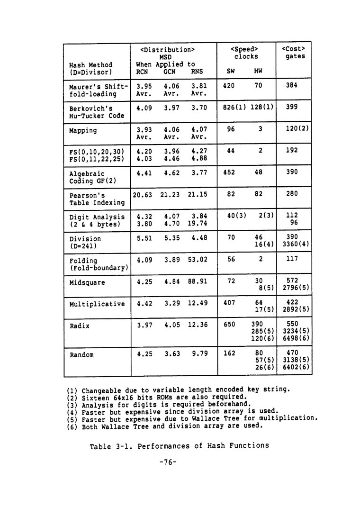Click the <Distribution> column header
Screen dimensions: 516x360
tap(168, 49)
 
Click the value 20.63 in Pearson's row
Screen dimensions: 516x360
tap(142, 194)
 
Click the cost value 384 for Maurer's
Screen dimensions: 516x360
tap(292, 87)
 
